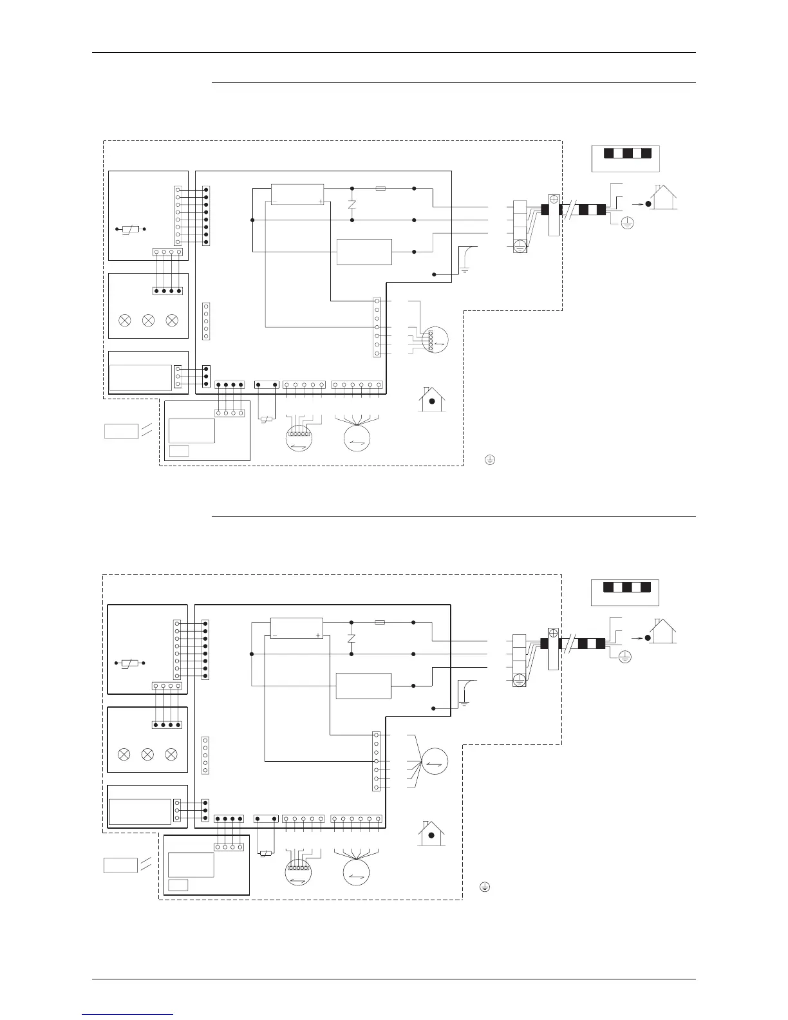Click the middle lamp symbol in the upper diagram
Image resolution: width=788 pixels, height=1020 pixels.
coord(148,320)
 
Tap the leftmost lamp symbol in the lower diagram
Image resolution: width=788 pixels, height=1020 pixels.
coord(124,754)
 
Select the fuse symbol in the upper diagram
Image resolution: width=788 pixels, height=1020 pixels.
coord(380,189)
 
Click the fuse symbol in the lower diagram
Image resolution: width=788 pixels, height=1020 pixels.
coord(380,623)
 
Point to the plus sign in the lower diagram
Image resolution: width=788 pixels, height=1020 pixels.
coord(318,636)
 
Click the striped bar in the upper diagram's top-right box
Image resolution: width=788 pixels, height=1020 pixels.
coord(626,153)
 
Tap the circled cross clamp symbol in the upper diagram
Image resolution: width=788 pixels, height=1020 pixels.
coord(554,200)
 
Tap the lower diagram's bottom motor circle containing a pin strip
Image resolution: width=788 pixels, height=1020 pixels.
coord(298,872)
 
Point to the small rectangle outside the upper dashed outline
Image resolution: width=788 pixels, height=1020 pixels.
coord(121,431)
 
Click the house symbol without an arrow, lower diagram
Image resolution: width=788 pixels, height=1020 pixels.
coord(432,834)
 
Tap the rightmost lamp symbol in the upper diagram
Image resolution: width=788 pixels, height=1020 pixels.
coord(171,320)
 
